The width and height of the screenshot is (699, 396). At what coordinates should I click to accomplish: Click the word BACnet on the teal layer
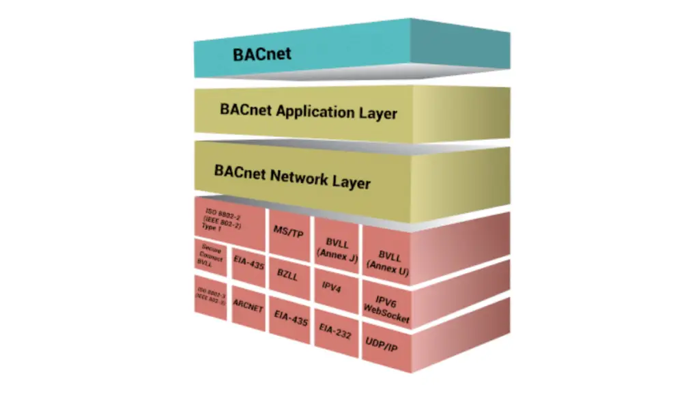(x=262, y=54)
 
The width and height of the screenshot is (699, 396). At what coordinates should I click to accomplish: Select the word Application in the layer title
(x=315, y=111)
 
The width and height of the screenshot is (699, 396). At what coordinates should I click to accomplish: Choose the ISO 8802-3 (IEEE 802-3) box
(x=211, y=294)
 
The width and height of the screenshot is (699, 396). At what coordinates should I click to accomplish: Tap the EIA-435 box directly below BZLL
(x=290, y=314)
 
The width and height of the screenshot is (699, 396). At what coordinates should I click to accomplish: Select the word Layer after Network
(x=352, y=182)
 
